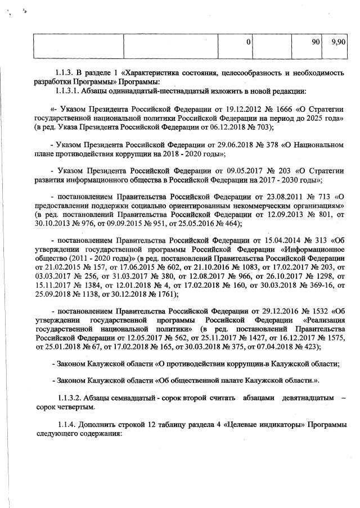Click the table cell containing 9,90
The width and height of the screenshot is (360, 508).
pos(337,43)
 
